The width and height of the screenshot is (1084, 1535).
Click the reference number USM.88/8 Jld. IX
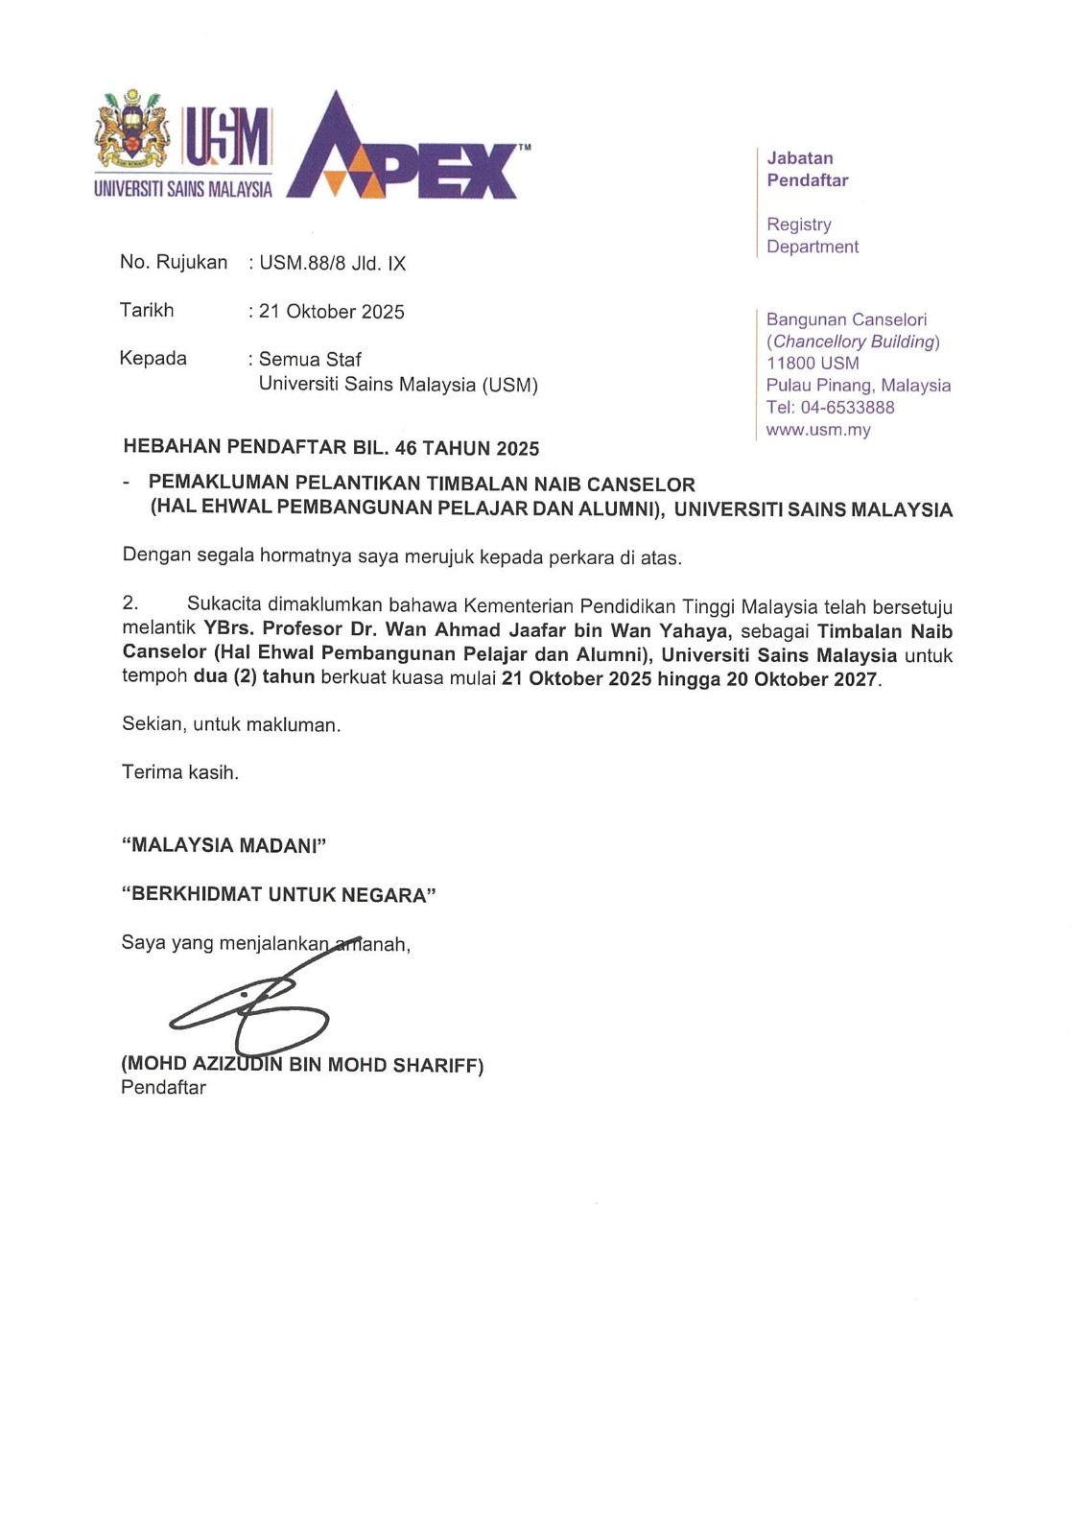pyautogui.click(x=332, y=264)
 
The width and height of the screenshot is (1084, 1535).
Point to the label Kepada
pyautogui.click(x=153, y=359)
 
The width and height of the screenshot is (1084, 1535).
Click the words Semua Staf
pyautogui.click(x=310, y=360)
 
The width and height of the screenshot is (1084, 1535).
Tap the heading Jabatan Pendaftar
pyautogui.click(x=807, y=170)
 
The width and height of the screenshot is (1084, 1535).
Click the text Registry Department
pyautogui.click(x=812, y=236)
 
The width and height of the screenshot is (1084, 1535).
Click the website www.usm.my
pyautogui.click(x=818, y=430)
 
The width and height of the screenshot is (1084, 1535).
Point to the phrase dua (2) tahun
pyautogui.click(x=254, y=677)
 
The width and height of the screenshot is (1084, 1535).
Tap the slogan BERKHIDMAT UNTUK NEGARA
pyautogui.click(x=278, y=895)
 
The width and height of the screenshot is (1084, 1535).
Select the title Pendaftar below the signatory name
pyautogui.click(x=163, y=1088)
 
